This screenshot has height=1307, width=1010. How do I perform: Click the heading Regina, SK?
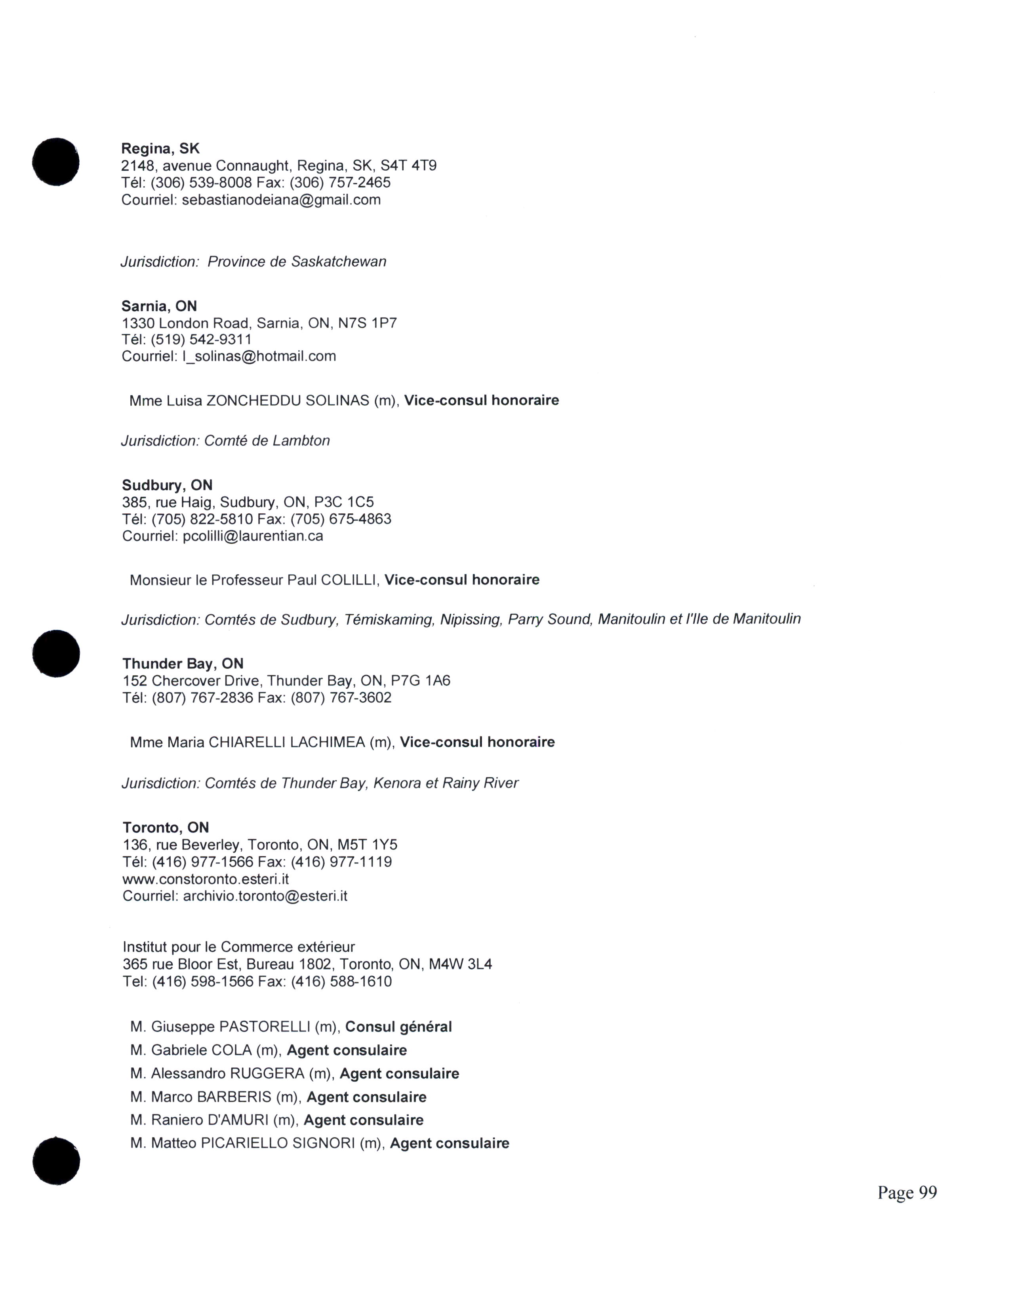coord(160,149)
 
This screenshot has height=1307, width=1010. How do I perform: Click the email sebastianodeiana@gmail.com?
coord(281,200)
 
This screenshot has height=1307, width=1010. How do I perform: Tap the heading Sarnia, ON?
coord(159,307)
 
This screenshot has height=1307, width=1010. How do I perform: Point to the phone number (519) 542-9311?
coord(201,340)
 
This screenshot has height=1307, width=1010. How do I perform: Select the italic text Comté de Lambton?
coord(267,441)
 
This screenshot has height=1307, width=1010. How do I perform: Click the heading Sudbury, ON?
coord(167,485)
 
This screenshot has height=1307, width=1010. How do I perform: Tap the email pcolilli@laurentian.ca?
coord(253,536)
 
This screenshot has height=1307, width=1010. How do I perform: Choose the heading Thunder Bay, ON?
coord(183,664)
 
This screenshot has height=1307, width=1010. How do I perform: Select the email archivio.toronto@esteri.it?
coord(265,896)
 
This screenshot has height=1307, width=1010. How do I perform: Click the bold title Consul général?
coord(398,1027)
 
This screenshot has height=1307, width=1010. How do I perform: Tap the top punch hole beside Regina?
coord(55,162)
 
